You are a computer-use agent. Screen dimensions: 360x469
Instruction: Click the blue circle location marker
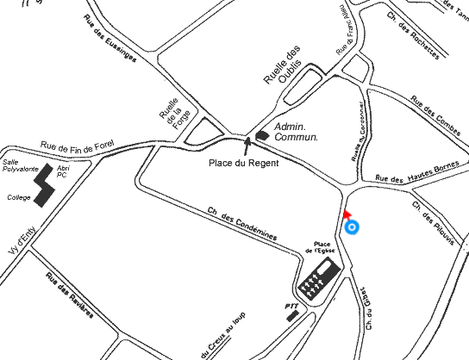351,227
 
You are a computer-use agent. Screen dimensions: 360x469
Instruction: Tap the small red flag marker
346,214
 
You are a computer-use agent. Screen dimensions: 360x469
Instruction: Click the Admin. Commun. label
296,131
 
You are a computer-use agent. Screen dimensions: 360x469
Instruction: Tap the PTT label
291,305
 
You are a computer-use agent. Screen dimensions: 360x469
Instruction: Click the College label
19,197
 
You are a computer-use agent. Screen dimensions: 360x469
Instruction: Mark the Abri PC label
62,171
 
